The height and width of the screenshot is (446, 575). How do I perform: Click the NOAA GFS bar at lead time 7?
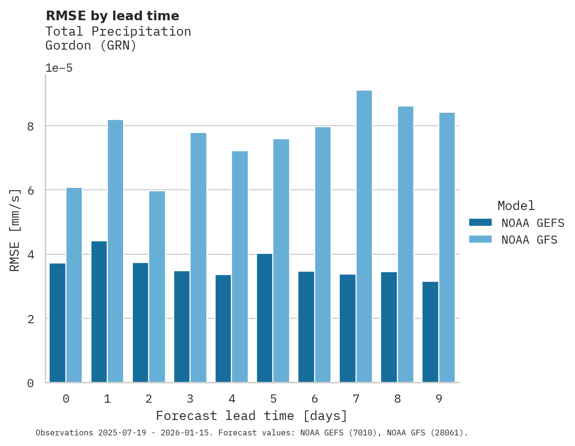(x=364, y=236)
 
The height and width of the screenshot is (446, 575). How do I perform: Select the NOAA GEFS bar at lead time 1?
(x=99, y=312)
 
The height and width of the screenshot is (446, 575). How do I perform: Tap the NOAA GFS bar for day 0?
(x=74, y=285)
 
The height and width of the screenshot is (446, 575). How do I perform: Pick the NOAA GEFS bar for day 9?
(x=430, y=332)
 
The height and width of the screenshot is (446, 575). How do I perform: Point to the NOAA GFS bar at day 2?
(x=157, y=287)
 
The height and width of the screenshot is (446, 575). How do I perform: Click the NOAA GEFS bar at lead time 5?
(x=265, y=318)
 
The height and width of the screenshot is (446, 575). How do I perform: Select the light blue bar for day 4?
(x=240, y=267)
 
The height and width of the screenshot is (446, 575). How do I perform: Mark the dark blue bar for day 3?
(x=182, y=327)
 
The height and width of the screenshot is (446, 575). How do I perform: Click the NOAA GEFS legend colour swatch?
(x=480, y=223)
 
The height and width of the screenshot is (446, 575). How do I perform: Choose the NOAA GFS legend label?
(x=529, y=240)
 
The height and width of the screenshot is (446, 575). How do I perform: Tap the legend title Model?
(x=516, y=206)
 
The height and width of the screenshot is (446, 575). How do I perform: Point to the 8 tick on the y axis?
(x=30, y=126)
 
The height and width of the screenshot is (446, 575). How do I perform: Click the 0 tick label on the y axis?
(x=30, y=383)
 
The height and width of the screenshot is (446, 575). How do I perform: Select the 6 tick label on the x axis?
(x=315, y=399)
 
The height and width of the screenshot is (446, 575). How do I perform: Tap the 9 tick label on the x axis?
(x=439, y=399)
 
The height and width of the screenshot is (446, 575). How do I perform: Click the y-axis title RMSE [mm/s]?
(x=15, y=230)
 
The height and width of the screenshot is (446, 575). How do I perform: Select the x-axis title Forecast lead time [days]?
(x=252, y=416)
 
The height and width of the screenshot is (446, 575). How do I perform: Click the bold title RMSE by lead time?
(x=112, y=16)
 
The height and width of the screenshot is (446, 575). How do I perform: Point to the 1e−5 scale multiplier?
(x=59, y=68)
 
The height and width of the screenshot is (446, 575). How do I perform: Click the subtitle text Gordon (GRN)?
(x=91, y=46)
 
